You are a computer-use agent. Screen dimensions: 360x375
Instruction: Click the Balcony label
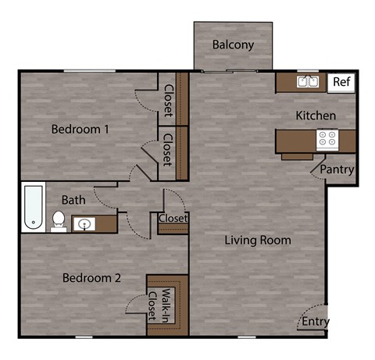(233, 45)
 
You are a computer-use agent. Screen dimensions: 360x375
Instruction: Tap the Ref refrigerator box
(341, 82)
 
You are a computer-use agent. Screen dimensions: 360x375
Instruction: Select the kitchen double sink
(306, 82)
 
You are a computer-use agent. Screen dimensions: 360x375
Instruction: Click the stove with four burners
(327, 140)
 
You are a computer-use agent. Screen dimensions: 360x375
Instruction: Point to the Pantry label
(337, 169)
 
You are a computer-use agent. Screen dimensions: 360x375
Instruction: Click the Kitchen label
(316, 116)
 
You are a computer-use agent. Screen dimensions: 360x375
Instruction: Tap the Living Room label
(259, 240)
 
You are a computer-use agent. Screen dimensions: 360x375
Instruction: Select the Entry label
(316, 322)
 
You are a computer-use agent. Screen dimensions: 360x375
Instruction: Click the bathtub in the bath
(33, 208)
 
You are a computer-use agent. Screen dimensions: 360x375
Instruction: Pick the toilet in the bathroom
(58, 221)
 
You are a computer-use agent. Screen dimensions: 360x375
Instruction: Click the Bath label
(73, 201)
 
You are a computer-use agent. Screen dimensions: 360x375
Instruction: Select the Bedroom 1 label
(80, 129)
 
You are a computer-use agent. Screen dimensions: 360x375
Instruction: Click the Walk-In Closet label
(166, 305)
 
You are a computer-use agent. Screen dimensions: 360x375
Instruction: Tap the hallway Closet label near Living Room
(173, 219)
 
